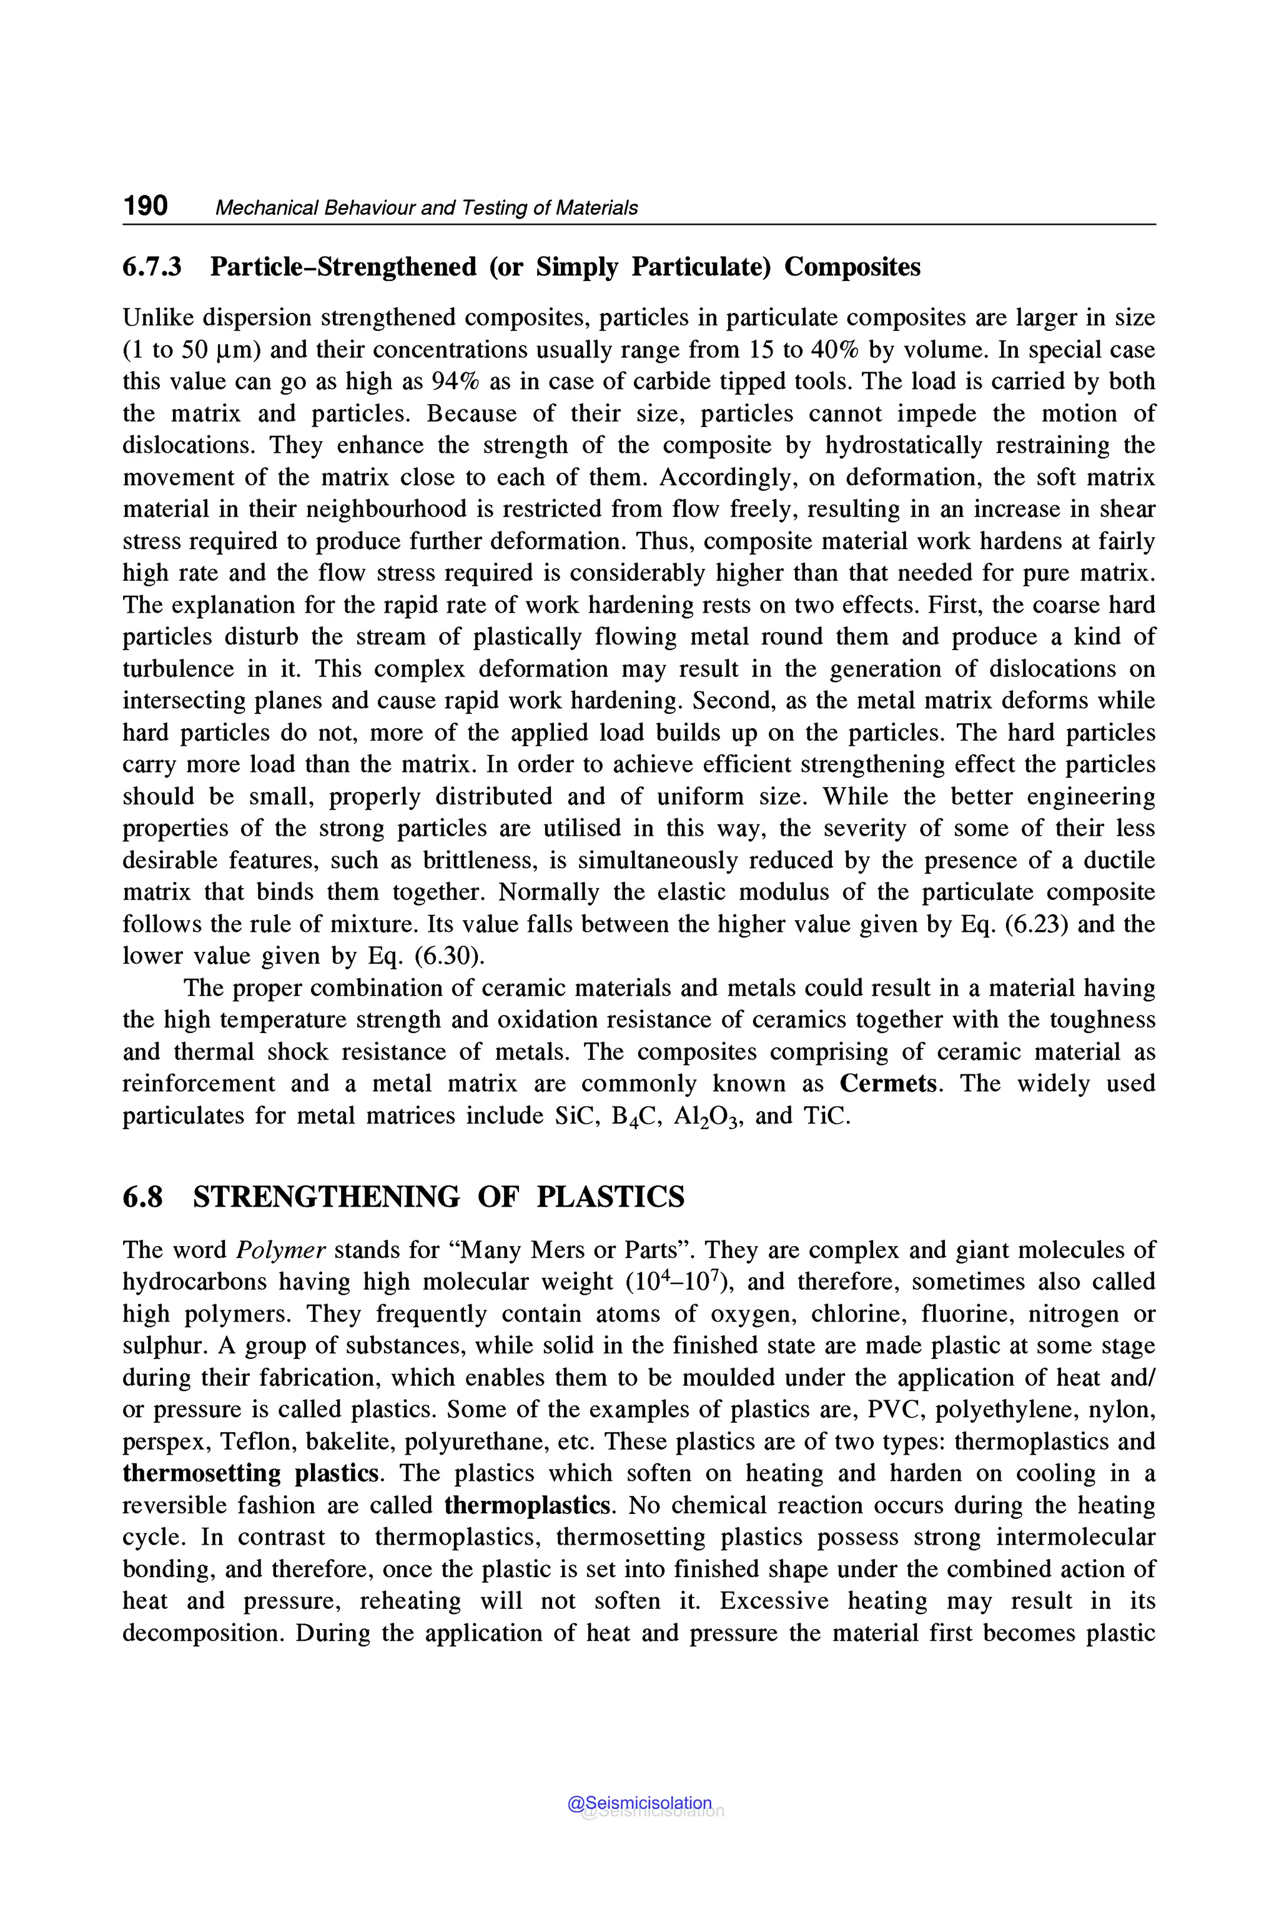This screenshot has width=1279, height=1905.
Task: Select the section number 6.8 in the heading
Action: point(143,1196)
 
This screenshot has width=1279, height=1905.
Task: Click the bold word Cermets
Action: point(887,1084)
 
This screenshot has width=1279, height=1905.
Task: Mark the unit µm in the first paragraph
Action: point(239,350)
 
